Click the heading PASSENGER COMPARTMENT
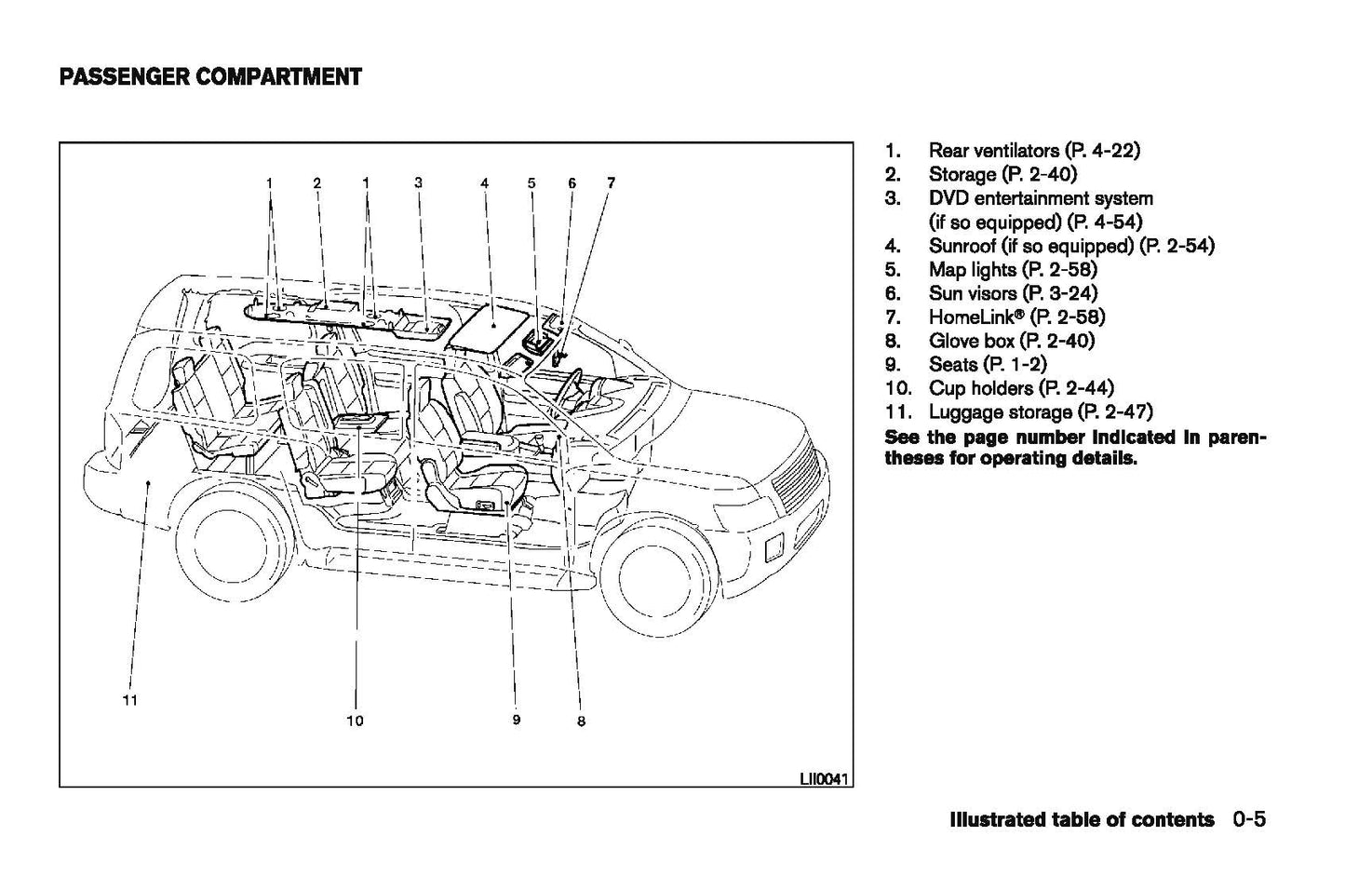coord(210,76)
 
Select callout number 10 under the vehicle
coord(355,720)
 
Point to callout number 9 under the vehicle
coord(516,719)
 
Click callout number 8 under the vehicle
coord(581,721)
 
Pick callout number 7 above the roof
coord(611,183)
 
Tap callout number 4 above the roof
coord(485,183)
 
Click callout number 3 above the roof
coord(419,183)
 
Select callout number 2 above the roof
coord(316,183)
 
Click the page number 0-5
coord(1250,820)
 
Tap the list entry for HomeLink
coord(1016,317)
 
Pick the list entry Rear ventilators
coord(1033,151)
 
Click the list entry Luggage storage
coord(1040,411)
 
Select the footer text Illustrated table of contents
coord(1082,820)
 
